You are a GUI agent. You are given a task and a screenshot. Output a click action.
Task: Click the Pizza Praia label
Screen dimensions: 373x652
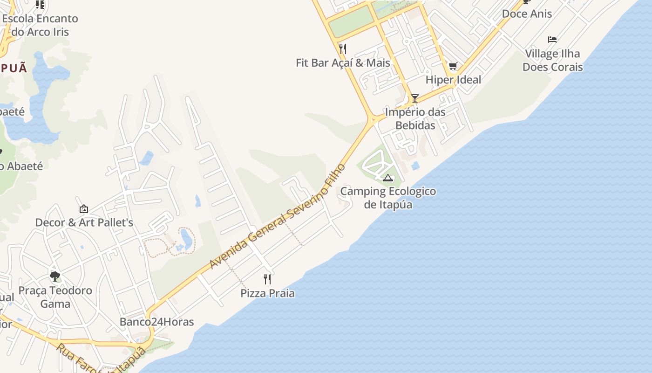(267, 293)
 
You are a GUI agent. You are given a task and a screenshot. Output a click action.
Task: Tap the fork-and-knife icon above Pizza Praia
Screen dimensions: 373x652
(267, 279)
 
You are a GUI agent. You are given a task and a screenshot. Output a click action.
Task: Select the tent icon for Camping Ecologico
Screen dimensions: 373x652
(388, 177)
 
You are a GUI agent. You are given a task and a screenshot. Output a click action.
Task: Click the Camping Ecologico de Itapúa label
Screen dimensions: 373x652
(388, 198)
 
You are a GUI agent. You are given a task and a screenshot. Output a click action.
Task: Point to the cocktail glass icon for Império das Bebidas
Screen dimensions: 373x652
(414, 98)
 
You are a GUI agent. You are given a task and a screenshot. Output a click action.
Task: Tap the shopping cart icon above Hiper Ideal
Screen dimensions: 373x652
(453, 66)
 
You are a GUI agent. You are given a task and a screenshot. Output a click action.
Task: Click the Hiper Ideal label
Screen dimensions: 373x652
(453, 80)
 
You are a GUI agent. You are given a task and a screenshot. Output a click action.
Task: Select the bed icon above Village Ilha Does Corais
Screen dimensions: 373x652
(552, 40)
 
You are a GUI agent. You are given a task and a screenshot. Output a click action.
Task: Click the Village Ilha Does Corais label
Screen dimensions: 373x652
(552, 60)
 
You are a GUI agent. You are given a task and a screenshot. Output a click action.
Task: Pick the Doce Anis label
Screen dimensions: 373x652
(527, 14)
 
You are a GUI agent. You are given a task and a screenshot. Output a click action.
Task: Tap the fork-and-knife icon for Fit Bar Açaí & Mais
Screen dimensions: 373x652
(343, 49)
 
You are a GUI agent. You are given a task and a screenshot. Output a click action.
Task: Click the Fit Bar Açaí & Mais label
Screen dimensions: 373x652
(343, 62)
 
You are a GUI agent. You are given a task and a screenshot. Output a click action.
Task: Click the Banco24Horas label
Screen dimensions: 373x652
(156, 322)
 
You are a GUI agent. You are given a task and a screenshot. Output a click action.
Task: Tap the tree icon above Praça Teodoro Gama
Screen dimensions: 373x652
(55, 276)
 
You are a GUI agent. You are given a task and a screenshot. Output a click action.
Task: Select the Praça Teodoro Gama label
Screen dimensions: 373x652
(55, 297)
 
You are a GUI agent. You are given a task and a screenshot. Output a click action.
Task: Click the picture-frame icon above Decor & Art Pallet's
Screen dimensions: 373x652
(84, 209)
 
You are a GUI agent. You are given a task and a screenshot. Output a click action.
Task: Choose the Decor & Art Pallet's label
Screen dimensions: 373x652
(84, 222)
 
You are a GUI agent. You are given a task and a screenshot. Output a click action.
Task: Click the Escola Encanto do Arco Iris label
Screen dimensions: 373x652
(40, 25)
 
